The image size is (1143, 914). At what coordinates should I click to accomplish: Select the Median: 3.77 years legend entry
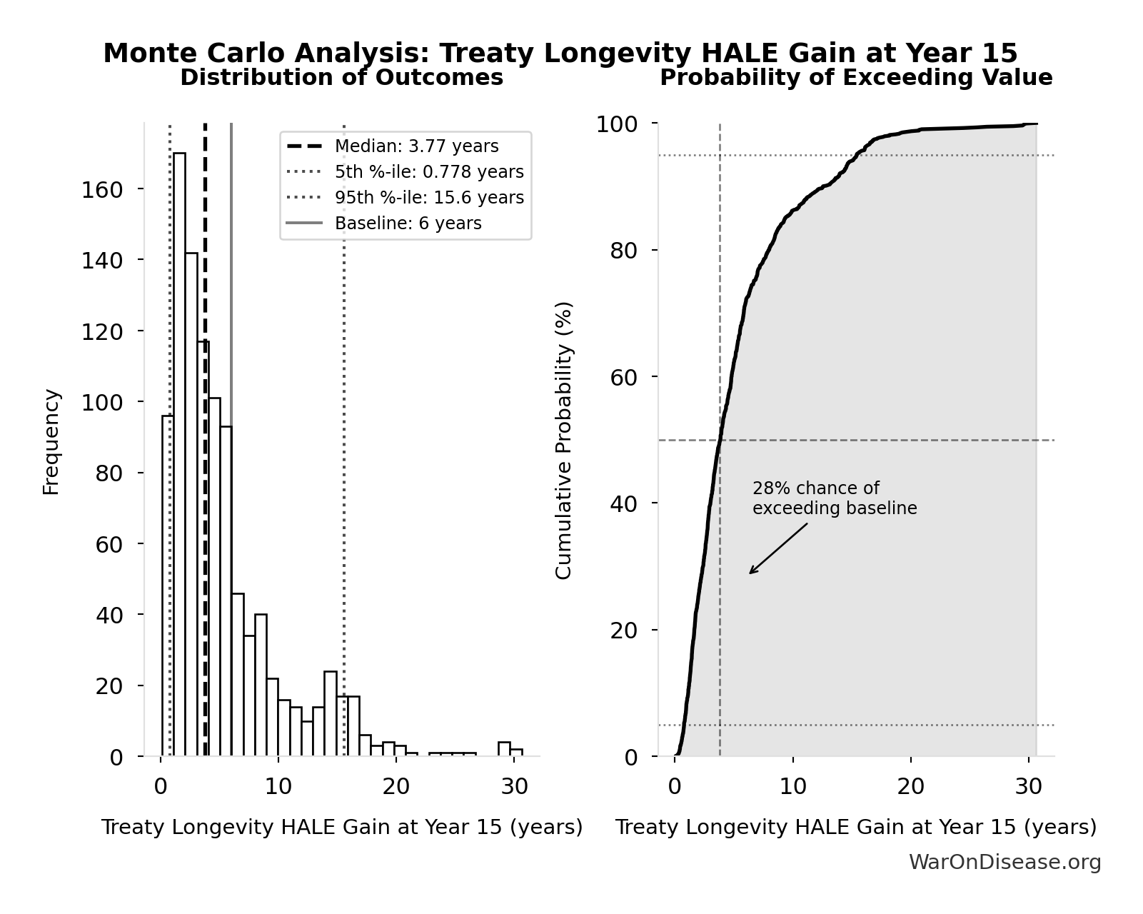click(416, 146)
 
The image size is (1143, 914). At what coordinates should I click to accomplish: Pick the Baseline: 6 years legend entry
click(408, 224)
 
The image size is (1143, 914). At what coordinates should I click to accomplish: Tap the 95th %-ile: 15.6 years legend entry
click(429, 198)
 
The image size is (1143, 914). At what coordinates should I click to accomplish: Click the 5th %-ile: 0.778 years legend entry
click(429, 172)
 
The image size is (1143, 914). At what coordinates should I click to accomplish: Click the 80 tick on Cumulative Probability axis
click(624, 251)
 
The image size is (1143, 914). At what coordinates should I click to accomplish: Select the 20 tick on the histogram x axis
click(396, 786)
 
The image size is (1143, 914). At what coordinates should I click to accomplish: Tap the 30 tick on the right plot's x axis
click(1028, 786)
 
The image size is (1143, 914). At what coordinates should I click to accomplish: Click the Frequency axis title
click(51, 441)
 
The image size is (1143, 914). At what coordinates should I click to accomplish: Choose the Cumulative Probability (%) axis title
click(563, 440)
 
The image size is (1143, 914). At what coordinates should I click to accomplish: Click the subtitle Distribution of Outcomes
click(341, 78)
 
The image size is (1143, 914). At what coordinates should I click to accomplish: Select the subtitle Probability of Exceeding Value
click(855, 78)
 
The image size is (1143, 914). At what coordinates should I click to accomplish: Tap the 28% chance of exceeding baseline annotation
click(834, 498)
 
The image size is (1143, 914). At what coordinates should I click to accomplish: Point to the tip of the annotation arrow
click(750, 573)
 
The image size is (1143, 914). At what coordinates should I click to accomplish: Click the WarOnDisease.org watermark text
click(1004, 862)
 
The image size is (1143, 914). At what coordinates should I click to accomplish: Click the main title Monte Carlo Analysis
click(560, 54)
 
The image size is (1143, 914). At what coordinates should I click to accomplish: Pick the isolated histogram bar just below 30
click(504, 749)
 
